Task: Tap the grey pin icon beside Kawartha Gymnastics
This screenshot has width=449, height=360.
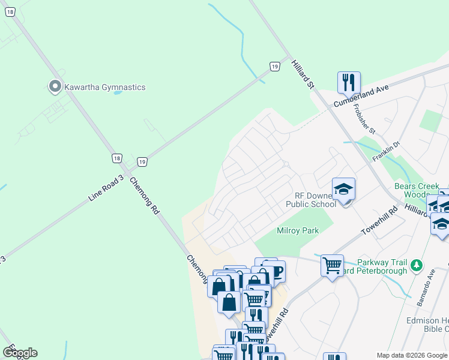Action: (55, 87)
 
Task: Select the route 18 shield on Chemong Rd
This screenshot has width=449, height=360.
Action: (116, 158)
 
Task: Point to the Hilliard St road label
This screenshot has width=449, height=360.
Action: (303, 74)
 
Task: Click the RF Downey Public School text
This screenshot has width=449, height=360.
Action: (315, 200)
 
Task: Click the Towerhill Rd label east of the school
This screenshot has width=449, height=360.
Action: (379, 221)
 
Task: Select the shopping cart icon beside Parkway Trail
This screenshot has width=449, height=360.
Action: (332, 264)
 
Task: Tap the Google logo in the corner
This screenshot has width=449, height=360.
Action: (20, 353)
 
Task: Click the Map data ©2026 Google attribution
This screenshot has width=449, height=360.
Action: (412, 355)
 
